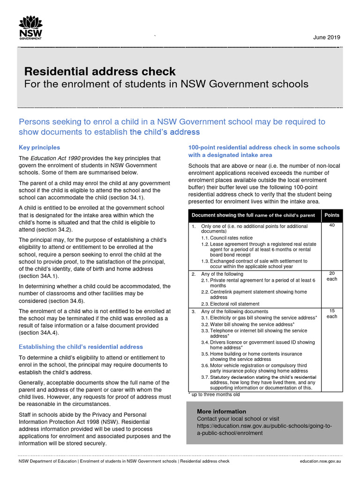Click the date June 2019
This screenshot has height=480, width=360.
[327, 37]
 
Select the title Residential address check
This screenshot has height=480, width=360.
[100, 71]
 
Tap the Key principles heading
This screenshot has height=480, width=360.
[39, 147]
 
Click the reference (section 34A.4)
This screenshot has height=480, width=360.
[39, 332]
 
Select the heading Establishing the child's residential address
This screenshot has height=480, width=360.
[81, 347]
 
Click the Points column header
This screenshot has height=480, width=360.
[332, 215]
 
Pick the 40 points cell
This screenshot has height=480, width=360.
[332, 226]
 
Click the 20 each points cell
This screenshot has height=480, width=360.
[332, 276]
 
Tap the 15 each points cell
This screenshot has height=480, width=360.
[332, 314]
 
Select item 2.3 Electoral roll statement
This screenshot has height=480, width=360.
[230, 304]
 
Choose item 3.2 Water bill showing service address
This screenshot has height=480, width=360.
[248, 324]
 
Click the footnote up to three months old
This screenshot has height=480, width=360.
[214, 395]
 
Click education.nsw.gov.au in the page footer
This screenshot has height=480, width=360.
[320, 461]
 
